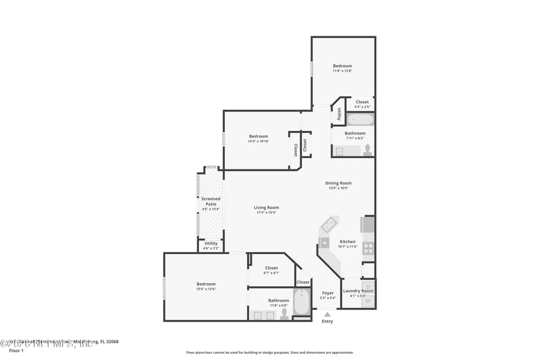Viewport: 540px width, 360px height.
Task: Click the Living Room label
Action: point(266,207)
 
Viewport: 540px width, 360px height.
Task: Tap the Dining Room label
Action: point(340,182)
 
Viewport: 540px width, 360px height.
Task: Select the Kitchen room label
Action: point(348,241)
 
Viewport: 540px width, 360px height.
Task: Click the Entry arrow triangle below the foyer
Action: point(327,314)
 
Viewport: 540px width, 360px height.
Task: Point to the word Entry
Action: point(327,322)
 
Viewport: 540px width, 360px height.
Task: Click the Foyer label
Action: point(327,292)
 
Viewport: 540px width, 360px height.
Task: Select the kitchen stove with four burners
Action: point(368,248)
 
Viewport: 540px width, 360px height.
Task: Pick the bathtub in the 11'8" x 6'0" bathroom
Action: point(301,302)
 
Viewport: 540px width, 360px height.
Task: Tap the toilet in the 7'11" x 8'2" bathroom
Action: point(368,150)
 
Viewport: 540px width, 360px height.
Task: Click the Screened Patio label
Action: point(211,199)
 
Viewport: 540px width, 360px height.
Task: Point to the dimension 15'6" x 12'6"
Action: point(206,289)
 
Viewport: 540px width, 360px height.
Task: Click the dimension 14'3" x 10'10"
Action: point(258,141)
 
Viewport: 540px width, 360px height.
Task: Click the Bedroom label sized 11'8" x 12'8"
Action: point(342,66)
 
